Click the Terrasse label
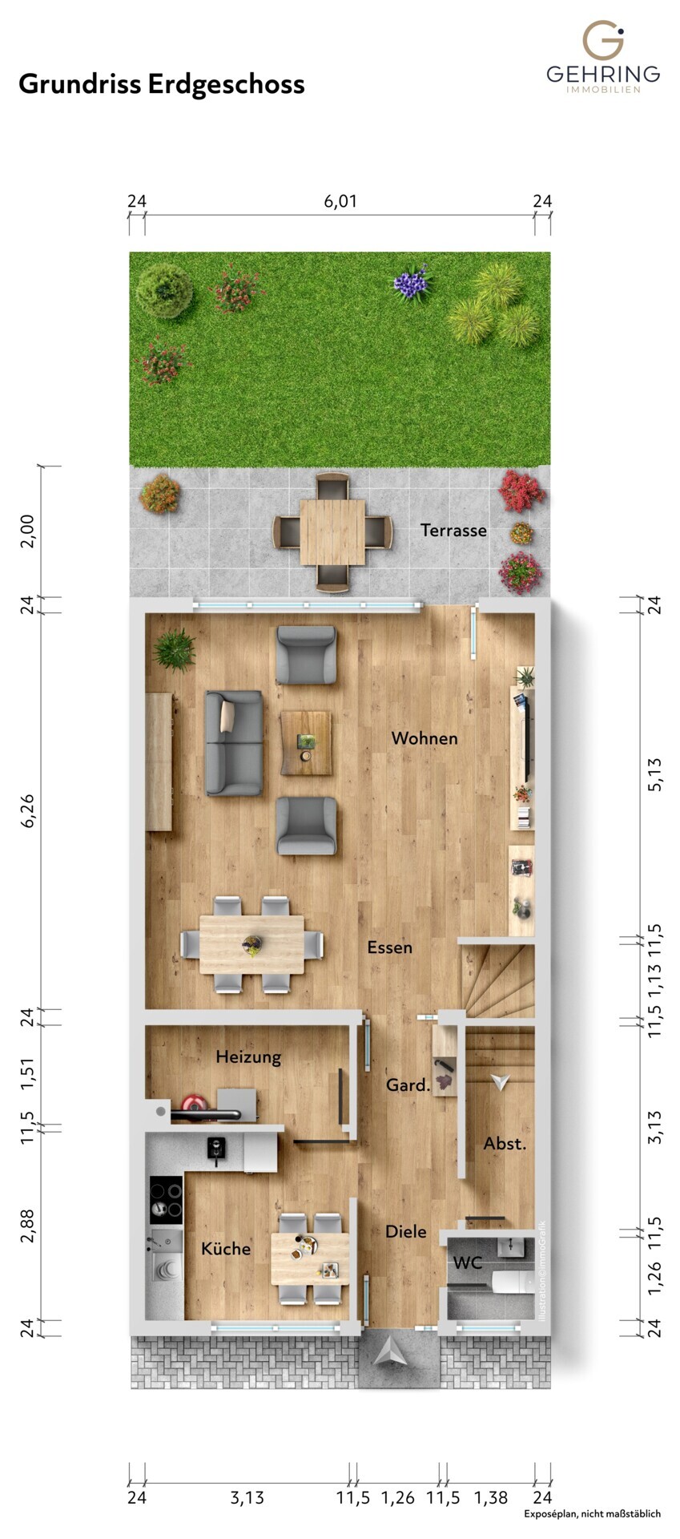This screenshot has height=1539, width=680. [453, 530]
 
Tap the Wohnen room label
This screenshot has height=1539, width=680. [424, 738]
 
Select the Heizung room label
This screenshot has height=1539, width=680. [248, 1057]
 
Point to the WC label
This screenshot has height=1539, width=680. [468, 1263]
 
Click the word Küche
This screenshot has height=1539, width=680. [226, 1248]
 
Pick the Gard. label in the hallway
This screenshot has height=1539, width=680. [408, 1085]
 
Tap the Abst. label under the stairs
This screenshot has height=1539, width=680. [505, 1144]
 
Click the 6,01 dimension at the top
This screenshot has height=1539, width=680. [340, 201]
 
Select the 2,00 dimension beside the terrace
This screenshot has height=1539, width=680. [27, 531]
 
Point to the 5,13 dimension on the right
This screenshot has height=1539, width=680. [654, 774]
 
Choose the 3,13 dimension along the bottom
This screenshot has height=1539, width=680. [247, 1497]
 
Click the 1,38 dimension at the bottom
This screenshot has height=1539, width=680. [490, 1497]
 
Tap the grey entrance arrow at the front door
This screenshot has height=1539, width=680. [399, 1352]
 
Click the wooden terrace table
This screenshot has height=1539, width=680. [332, 532]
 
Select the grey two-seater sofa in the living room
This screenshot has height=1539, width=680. [234, 743]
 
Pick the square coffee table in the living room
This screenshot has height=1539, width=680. [306, 743]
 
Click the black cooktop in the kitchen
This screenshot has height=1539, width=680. [166, 1200]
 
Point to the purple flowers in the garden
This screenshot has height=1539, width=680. [412, 283]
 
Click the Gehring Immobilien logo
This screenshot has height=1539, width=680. [603, 58]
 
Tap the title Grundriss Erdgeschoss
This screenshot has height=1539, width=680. [162, 84]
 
